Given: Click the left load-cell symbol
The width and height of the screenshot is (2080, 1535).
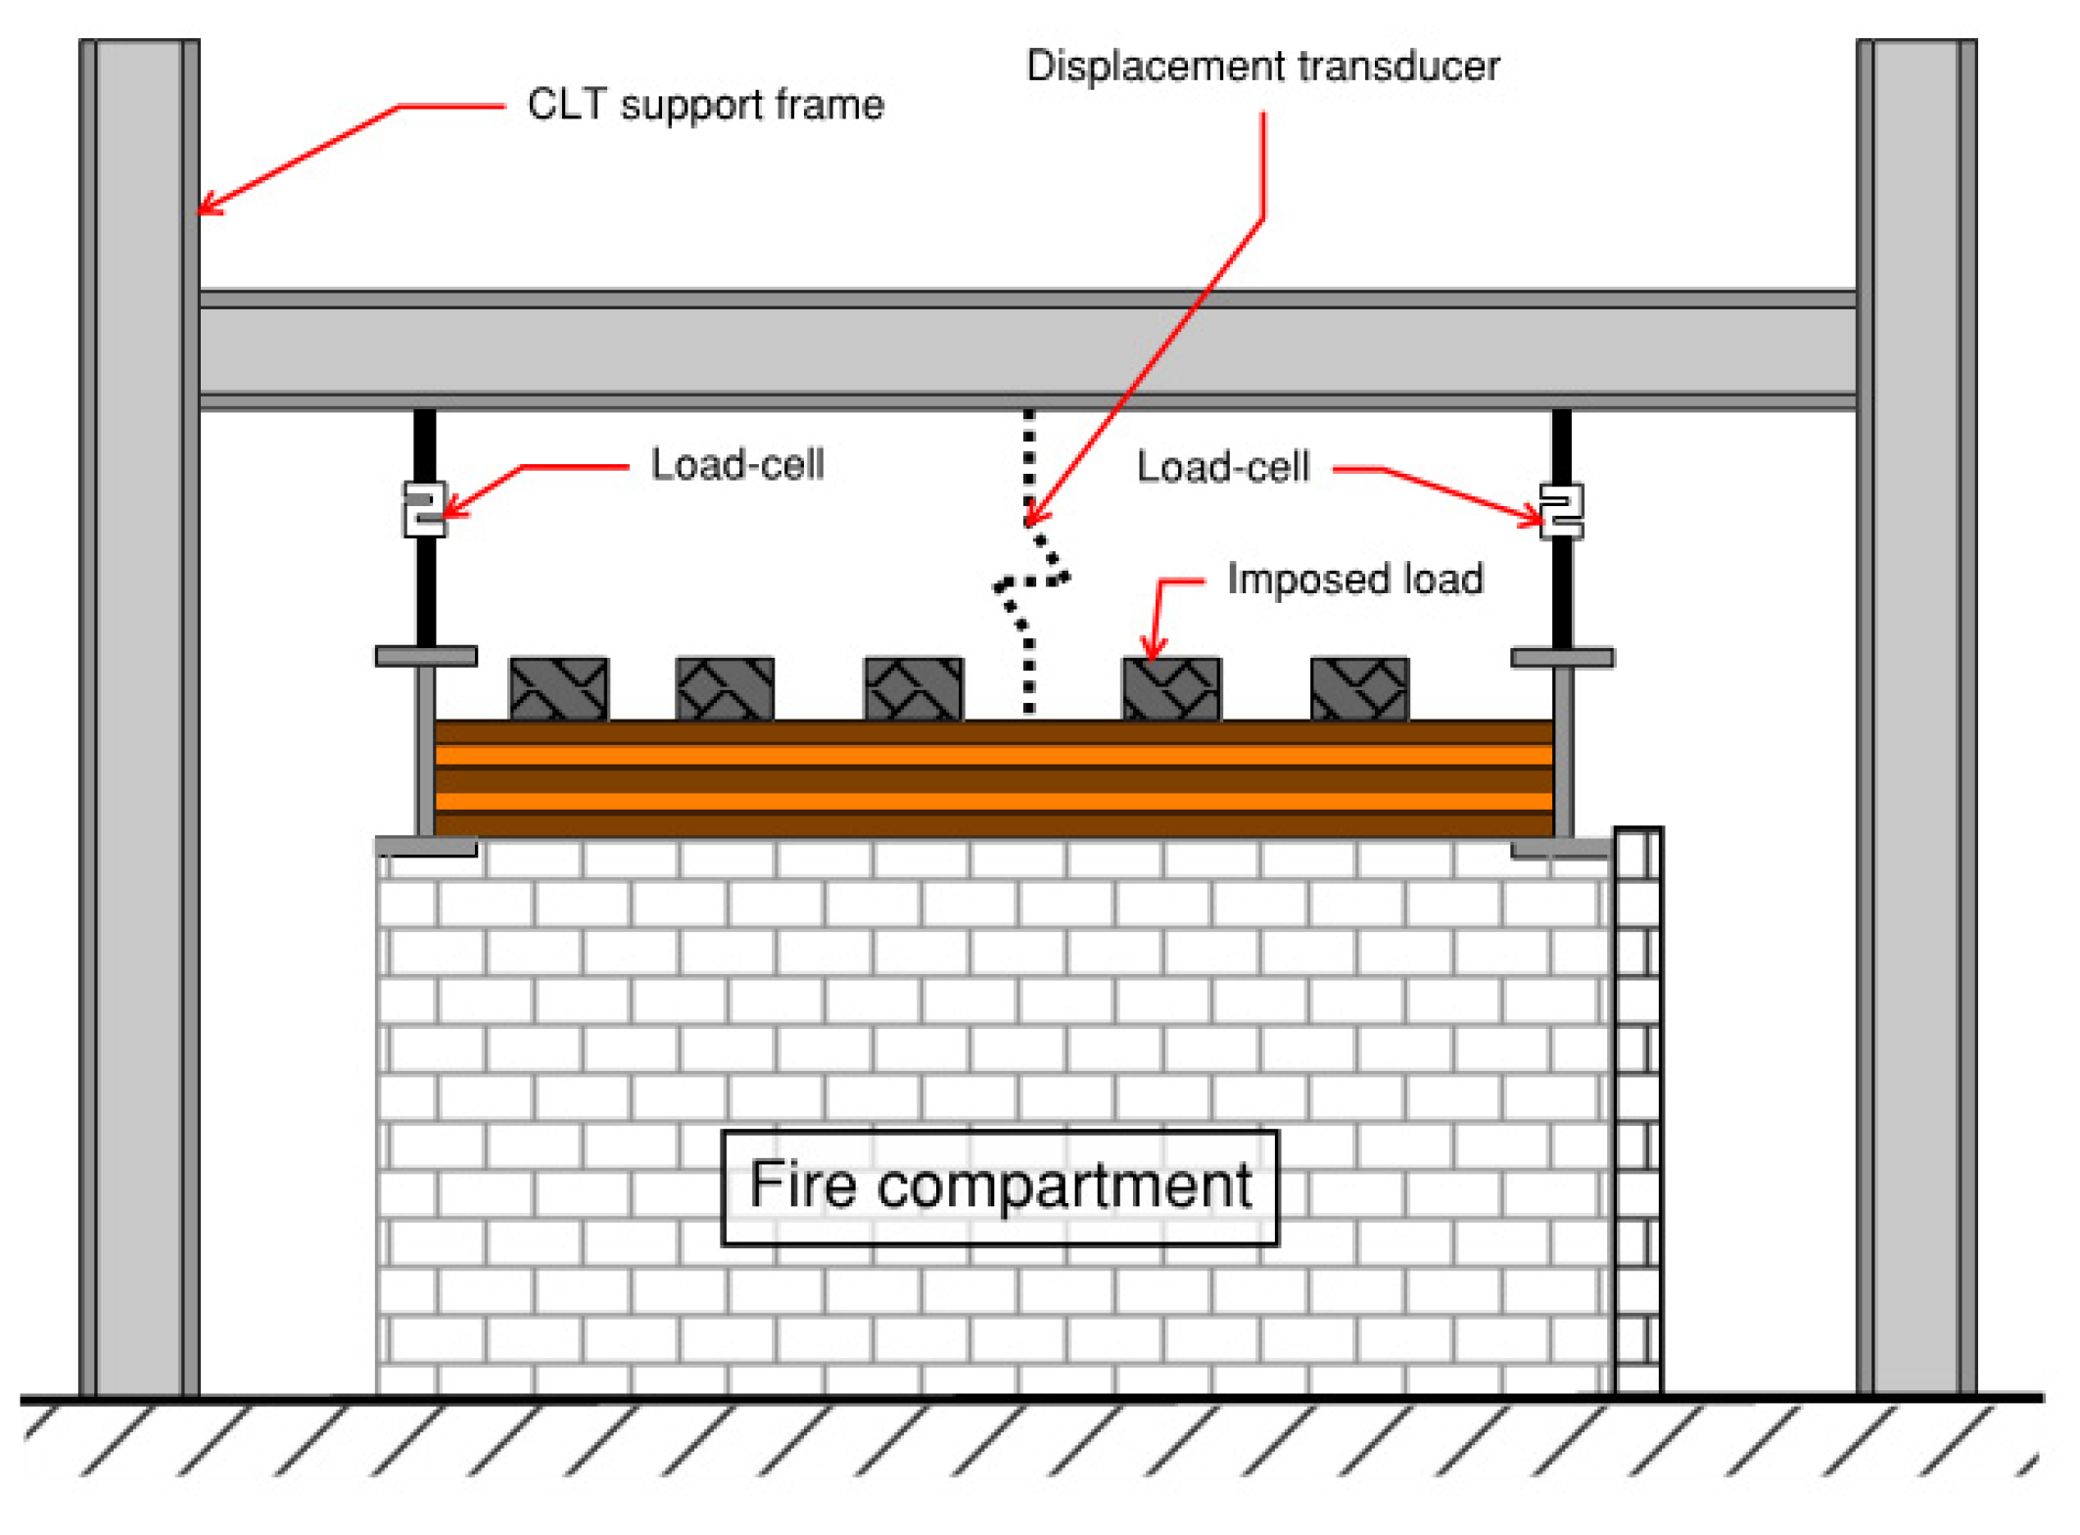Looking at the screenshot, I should [x=424, y=509].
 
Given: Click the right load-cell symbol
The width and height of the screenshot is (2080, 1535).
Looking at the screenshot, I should [x=1561, y=511].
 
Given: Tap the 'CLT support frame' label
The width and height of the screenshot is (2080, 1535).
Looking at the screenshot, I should [x=705, y=105].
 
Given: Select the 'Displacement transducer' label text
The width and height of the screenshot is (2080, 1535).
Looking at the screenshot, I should [x=1262, y=67].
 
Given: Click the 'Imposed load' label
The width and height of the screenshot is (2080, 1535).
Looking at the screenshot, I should [x=1354, y=580].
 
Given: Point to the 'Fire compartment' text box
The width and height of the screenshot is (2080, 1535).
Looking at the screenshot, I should [x=1000, y=1187].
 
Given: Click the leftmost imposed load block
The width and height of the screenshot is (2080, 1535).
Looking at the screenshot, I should [x=559, y=689].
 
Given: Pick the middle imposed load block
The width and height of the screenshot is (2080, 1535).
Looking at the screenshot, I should [x=914, y=689].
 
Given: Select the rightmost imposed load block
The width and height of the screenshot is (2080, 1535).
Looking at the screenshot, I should [x=1359, y=689].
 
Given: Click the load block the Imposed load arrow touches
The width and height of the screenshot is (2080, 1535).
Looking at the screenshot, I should [x=1171, y=689].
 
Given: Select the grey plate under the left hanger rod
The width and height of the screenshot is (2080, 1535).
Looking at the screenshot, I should [x=426, y=656].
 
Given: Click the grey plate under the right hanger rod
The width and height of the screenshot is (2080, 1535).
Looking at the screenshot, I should [x=1562, y=658].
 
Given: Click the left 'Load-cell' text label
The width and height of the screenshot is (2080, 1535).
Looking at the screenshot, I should [x=737, y=465].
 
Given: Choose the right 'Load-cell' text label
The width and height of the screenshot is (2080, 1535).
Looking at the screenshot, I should [x=1222, y=467].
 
